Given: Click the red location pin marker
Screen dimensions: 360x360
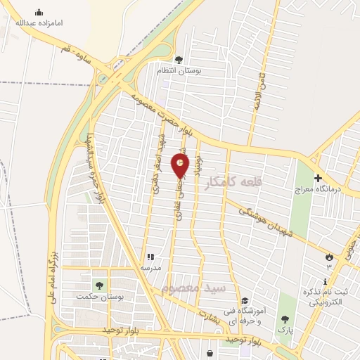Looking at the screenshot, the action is (181, 165).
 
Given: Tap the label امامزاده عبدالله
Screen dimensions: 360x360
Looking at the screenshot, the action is (39, 22).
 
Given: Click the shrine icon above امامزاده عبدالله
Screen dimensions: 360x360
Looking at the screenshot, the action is (39, 12).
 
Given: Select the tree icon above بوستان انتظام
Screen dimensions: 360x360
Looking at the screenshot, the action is (179, 59).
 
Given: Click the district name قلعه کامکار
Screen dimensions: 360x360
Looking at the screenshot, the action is (233, 182).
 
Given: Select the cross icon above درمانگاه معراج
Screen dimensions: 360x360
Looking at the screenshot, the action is (318, 178).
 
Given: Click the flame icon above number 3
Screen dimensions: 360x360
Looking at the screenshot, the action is (328, 257).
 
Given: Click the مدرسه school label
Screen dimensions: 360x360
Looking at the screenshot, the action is (153, 268).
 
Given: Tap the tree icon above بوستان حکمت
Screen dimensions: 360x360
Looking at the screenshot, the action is (98, 285).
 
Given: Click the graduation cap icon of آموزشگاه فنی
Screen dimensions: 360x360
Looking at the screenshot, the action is (244, 301).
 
